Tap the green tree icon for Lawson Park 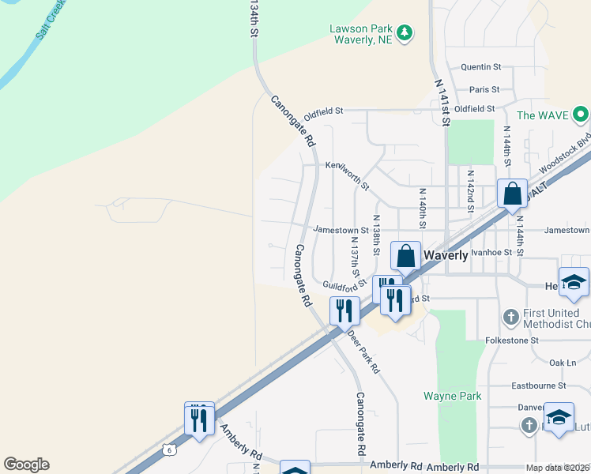coord(405,32)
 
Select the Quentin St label coord(481,67)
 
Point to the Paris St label coord(484,90)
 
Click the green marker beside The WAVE coord(582,115)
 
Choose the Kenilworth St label coord(348,174)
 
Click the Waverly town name coord(446,255)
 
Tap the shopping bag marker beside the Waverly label coord(405,256)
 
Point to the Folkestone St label coord(511,340)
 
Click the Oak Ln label coord(563,363)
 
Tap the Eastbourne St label coord(539,386)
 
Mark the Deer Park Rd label coord(364,352)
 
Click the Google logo coord(26,465)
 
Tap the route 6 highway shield coord(168,450)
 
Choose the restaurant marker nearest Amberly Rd coord(199,418)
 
